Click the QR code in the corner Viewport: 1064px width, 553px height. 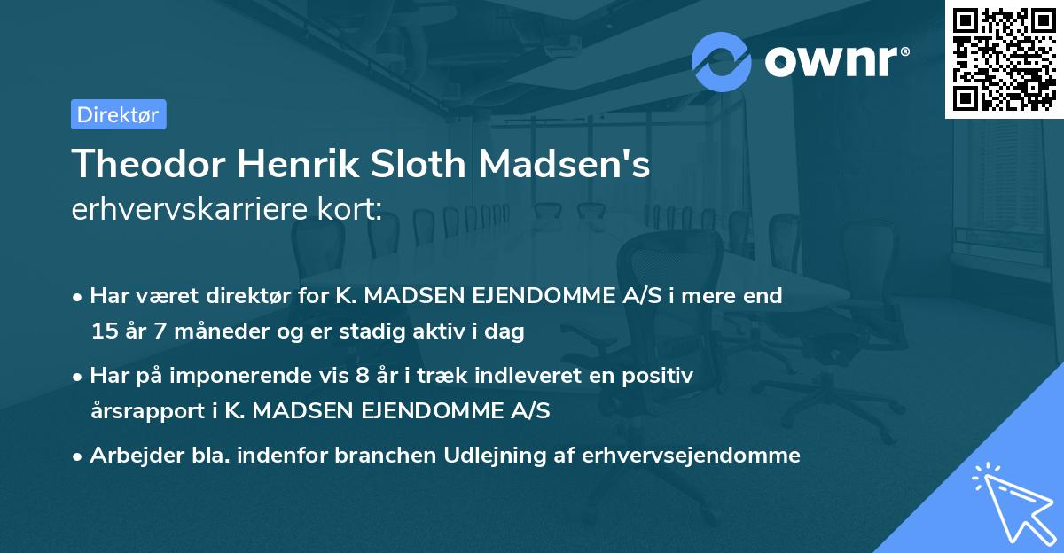click(1004, 59)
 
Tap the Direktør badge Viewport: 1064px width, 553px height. click(118, 114)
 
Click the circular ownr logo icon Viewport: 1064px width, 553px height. click(722, 61)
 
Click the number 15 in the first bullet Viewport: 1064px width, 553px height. click(103, 332)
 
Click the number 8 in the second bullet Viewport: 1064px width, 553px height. click(361, 376)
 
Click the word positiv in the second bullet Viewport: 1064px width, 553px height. click(661, 376)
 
